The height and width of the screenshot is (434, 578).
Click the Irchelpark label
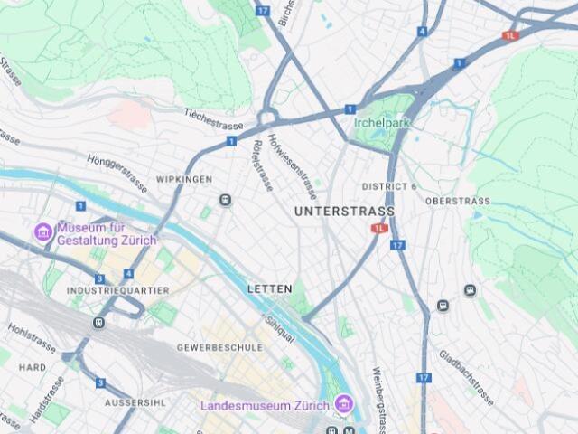point(381,122)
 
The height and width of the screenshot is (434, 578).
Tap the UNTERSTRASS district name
point(344,212)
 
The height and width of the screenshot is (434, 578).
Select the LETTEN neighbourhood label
point(269,288)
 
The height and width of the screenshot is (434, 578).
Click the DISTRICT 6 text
point(389,186)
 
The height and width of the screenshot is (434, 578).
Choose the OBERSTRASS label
point(457,201)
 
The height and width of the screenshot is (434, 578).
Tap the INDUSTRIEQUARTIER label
point(118,291)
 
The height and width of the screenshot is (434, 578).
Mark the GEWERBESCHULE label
point(219,347)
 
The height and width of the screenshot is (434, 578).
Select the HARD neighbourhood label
point(33,368)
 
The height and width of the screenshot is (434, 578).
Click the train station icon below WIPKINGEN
point(225,200)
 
